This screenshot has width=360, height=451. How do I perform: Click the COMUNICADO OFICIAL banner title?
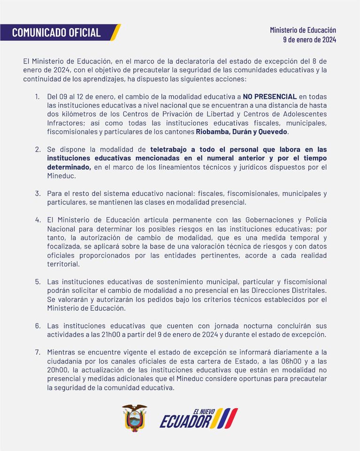point(56,32)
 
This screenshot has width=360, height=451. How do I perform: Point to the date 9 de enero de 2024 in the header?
point(309,40)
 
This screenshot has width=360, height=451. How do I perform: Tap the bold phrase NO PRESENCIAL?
point(269,97)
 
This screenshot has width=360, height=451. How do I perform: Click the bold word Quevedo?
point(271,132)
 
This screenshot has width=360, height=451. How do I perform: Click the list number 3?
point(38,194)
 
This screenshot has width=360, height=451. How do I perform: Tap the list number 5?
point(38,281)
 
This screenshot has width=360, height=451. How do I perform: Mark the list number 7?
point(38,352)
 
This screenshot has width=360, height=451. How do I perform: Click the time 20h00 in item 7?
point(57,370)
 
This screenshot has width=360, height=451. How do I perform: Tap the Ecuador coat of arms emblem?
point(135,418)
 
